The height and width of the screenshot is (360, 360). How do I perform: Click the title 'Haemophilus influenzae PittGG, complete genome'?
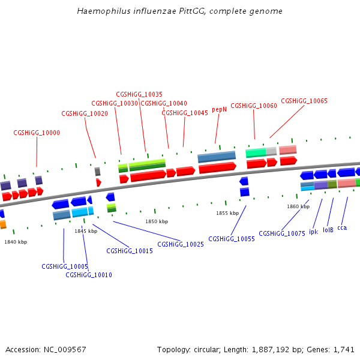(x=180, y=11)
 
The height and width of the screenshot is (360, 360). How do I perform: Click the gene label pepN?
(x=219, y=110)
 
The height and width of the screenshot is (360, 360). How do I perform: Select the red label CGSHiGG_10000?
(x=37, y=133)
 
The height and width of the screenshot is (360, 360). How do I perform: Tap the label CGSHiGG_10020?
(x=85, y=113)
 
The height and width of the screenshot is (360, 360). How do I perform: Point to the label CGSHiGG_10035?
(x=139, y=94)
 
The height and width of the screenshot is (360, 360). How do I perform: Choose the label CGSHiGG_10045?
(x=185, y=113)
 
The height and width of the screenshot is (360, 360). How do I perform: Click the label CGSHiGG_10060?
(x=254, y=106)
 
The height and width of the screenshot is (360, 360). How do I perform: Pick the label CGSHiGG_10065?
(x=304, y=101)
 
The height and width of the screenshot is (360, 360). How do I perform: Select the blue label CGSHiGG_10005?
(x=65, y=266)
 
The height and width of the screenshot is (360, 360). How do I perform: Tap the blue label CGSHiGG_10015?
(x=130, y=251)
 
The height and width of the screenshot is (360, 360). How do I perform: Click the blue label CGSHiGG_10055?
(x=232, y=239)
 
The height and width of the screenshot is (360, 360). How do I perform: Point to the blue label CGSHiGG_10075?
(x=282, y=233)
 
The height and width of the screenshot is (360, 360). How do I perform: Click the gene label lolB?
(x=328, y=230)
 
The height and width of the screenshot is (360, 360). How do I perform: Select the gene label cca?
(x=342, y=227)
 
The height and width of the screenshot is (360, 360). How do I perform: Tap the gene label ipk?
(x=313, y=232)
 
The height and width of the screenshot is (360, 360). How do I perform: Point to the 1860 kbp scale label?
(x=298, y=206)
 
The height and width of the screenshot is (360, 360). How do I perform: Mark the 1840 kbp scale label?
(x=16, y=242)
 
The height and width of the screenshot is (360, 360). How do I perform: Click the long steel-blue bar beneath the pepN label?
(x=217, y=157)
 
